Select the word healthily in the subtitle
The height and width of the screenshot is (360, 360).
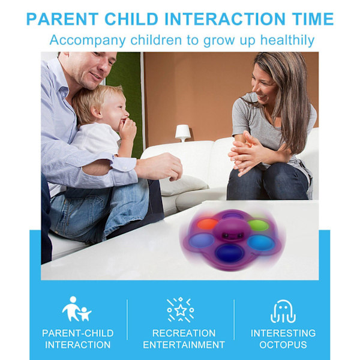[x=287, y=40]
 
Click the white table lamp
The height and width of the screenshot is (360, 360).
[x=183, y=133]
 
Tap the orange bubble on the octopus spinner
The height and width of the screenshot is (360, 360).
[x=208, y=224]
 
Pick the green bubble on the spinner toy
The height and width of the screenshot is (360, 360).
[x=259, y=225]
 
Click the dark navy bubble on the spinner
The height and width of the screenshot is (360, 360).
[x=229, y=253]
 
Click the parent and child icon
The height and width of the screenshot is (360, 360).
[x=76, y=309]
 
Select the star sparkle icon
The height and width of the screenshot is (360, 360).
[x=181, y=309]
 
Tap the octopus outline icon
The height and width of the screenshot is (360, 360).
[x=283, y=311]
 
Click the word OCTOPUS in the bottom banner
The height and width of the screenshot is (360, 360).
[x=283, y=344]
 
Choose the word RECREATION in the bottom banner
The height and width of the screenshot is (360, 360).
[x=184, y=333]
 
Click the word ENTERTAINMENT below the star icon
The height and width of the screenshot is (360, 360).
[x=184, y=344]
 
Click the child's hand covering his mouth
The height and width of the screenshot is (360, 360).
[x=127, y=129]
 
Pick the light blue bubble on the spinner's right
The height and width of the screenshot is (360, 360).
[x=261, y=242]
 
